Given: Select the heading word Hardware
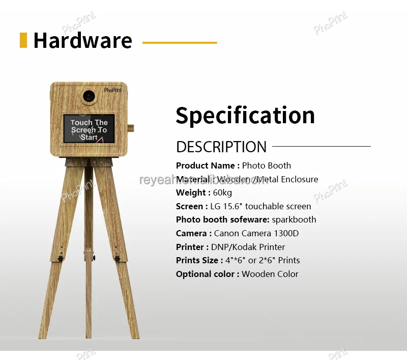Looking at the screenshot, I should tap(82, 41).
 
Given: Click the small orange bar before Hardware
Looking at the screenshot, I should tap(23, 40).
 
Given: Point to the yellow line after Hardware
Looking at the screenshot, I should tap(180, 43).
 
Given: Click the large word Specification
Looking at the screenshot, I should tap(245, 116).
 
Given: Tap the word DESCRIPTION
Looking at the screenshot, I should tap(221, 147).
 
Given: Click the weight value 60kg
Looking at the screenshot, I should tap(222, 192).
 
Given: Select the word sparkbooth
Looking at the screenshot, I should tap(294, 219).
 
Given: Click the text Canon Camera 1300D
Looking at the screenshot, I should tap(256, 233).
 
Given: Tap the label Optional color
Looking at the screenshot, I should tap(207, 274).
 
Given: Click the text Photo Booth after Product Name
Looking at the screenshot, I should tap(266, 165).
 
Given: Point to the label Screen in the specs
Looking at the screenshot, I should tap(189, 206).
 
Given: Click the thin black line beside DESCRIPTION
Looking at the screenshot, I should tap(321, 147).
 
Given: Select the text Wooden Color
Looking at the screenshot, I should tap(270, 274).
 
